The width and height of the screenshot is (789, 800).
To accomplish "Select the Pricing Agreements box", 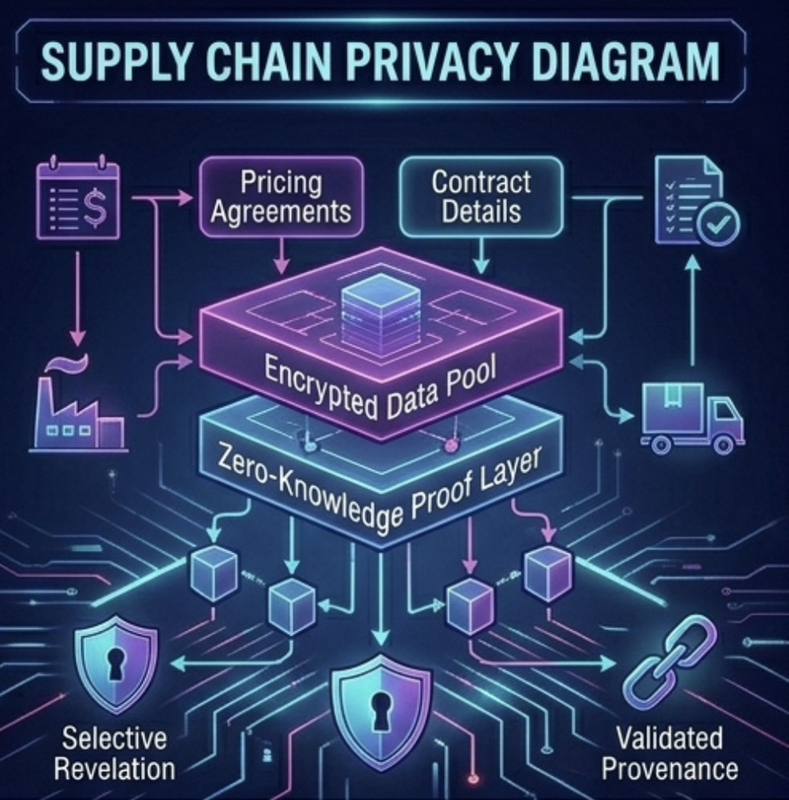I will (x=280, y=195).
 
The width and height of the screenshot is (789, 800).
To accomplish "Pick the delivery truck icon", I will (x=691, y=417).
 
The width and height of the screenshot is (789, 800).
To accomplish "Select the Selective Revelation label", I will (x=113, y=752).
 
